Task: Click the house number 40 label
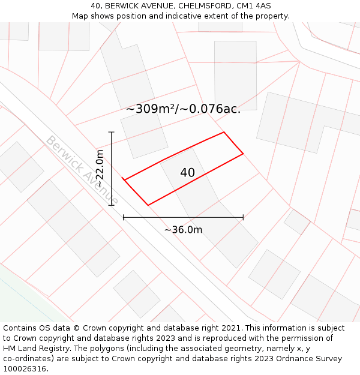tap(187, 173)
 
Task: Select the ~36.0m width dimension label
tap(183, 230)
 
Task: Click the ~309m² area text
tap(150, 109)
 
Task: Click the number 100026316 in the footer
tap(23, 368)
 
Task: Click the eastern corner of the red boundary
tap(243, 154)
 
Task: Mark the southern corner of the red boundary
tap(148, 205)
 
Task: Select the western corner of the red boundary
tap(123, 179)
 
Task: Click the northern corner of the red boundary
tap(224, 132)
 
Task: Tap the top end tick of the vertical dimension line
tap(112, 132)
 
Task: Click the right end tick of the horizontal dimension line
tap(243, 217)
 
